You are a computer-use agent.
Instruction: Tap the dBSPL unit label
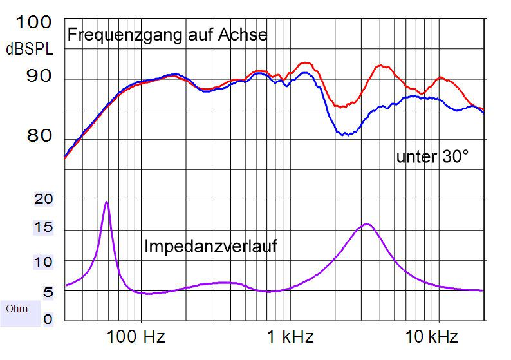[x=29, y=49]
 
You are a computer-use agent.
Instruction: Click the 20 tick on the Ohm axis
[x=44, y=200]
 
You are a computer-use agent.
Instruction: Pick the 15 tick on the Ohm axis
[x=44, y=229]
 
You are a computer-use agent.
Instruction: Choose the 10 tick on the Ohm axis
[x=44, y=261]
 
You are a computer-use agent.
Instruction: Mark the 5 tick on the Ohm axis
[x=48, y=292]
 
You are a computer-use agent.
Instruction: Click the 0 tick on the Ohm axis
[x=49, y=318]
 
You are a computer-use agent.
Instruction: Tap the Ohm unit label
[x=17, y=308]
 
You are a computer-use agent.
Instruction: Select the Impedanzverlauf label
[x=210, y=246]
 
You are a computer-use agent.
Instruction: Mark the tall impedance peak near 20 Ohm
[x=107, y=202]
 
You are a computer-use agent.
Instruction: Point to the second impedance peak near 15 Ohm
[x=367, y=224]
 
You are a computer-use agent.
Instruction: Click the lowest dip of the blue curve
[x=346, y=135]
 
